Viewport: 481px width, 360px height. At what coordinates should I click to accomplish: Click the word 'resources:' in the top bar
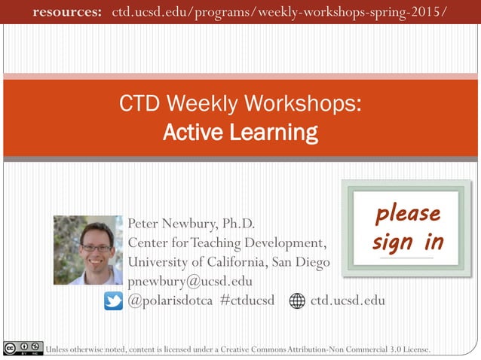click(67, 12)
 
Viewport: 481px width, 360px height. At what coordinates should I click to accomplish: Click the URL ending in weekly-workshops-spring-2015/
click(279, 12)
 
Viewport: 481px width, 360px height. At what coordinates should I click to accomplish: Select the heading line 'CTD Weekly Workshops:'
click(240, 104)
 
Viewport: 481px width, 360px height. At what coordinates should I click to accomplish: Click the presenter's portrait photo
click(87, 250)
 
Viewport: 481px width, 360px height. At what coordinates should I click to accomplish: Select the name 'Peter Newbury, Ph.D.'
click(191, 224)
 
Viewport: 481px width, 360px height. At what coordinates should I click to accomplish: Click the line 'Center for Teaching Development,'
click(227, 243)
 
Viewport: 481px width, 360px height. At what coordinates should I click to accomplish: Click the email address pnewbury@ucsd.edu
click(190, 282)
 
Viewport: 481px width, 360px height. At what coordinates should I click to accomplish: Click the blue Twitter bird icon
click(113, 301)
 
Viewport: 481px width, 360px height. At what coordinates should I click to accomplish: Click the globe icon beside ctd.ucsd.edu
click(298, 301)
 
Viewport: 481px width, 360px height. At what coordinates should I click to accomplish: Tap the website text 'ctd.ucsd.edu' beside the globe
click(348, 301)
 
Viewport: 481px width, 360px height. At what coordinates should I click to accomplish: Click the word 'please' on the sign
click(408, 213)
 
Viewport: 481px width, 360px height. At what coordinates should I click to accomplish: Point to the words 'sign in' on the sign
click(408, 242)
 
